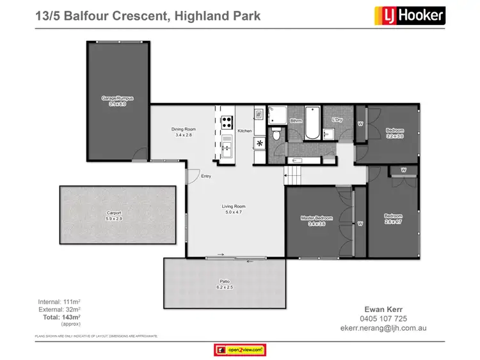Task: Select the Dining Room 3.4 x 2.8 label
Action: [x=184, y=132]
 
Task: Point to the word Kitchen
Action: [x=244, y=131]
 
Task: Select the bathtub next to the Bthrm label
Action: [x=313, y=123]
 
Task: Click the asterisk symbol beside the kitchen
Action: [x=259, y=143]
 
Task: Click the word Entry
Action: [x=206, y=176]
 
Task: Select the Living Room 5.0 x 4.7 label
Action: [x=234, y=209]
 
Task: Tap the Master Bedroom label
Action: [x=317, y=221]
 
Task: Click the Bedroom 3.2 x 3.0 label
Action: [x=394, y=133]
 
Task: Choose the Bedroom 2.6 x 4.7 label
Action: [x=393, y=218]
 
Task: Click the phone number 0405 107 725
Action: [x=383, y=318]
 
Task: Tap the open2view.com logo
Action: [x=239, y=350]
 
